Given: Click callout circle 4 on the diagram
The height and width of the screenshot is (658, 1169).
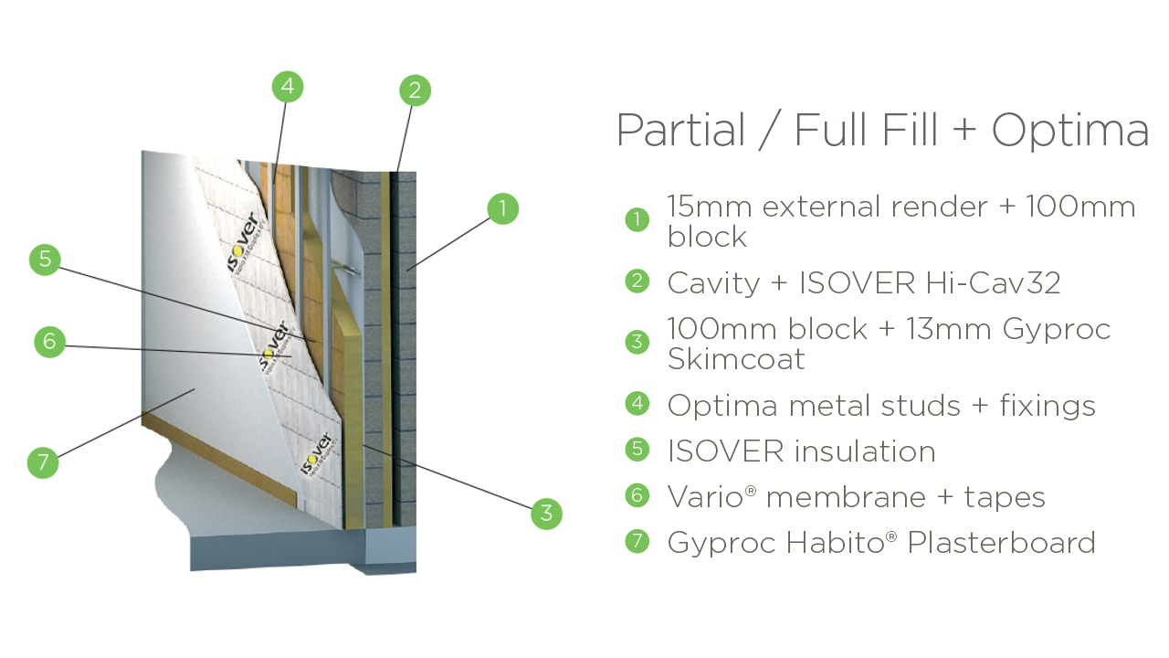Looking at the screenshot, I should [288, 87].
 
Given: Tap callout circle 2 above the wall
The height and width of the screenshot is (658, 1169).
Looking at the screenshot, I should [415, 90].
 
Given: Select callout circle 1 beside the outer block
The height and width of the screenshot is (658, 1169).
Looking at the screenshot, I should [502, 208].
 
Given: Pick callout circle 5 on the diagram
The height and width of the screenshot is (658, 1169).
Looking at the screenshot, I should [45, 260].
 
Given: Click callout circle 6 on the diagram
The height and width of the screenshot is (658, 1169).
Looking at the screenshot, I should [49, 342].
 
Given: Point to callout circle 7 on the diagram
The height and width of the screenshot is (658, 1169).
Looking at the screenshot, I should [43, 462].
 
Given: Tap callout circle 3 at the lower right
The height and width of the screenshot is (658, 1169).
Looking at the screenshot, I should [546, 514].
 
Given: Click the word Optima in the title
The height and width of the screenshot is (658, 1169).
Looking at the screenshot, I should [1069, 130].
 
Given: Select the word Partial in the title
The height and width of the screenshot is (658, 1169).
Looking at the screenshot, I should [680, 130].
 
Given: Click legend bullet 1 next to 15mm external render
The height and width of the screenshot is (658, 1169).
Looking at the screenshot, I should [637, 220].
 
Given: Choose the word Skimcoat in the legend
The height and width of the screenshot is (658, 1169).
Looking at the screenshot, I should [736, 359].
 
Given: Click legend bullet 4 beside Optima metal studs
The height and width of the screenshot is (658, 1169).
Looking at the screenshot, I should [637, 403].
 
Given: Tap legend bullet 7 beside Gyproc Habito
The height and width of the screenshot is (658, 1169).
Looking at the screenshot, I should [637, 541].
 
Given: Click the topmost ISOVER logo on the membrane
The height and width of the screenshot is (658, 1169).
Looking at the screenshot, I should [243, 240].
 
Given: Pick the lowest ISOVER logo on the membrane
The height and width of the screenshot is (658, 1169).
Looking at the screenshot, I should [318, 454].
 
